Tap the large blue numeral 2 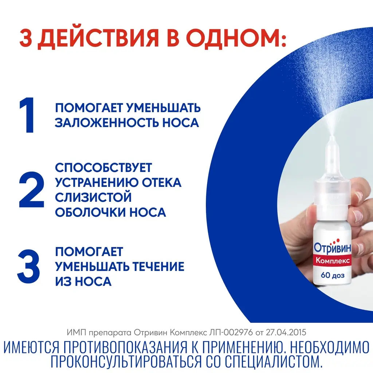click(x=31, y=189)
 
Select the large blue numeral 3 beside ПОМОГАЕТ click(x=28, y=266)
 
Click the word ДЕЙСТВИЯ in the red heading click(x=98, y=38)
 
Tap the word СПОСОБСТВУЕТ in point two click(x=103, y=168)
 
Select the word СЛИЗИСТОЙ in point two click(x=93, y=197)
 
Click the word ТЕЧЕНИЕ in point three click(x=158, y=266)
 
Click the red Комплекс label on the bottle click(x=333, y=260)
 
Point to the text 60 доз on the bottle click(x=333, y=275)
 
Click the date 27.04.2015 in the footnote click(x=286, y=332)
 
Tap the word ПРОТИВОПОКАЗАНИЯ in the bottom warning click(x=126, y=348)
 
